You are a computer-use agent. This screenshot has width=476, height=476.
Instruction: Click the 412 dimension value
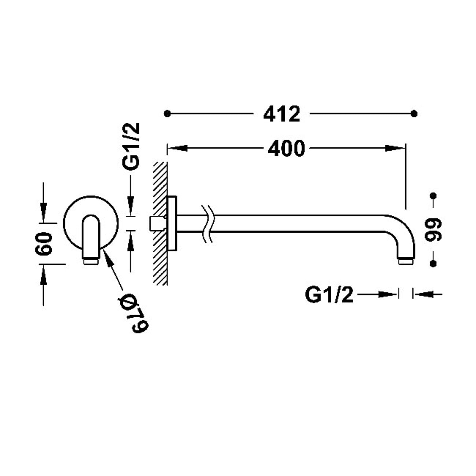tap(281, 114)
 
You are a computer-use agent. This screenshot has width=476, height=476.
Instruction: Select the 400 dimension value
tap(286, 148)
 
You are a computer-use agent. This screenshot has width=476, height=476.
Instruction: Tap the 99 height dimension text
tap(433, 229)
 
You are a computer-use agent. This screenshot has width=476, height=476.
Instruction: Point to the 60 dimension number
tap(44, 243)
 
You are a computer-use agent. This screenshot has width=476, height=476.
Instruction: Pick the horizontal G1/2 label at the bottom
tap(329, 295)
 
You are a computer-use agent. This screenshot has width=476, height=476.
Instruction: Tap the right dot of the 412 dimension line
tap(414, 113)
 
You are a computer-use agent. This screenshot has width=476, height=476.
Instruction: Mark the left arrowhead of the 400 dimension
tap(177, 148)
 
